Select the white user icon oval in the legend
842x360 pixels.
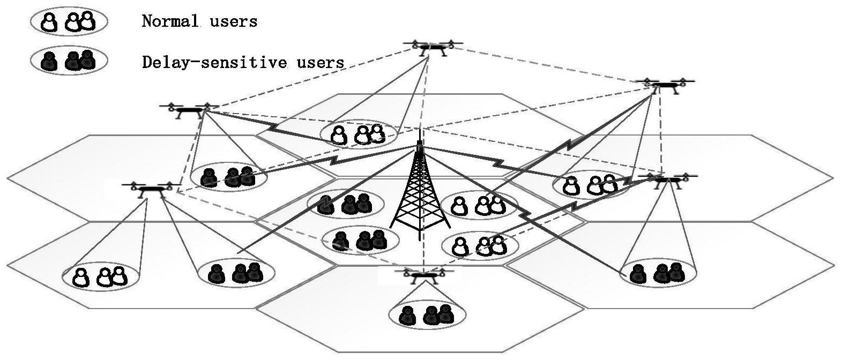69,21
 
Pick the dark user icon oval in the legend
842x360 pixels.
69,61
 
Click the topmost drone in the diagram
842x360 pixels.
433,47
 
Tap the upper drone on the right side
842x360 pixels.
665,85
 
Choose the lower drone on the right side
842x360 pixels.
668,179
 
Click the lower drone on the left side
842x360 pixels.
151,188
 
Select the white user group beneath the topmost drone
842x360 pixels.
358,134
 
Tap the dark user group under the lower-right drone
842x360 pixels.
658,273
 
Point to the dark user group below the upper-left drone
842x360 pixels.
229,176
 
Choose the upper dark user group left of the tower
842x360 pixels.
346,204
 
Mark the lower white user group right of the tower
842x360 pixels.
480,245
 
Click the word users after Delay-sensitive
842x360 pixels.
320,63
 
